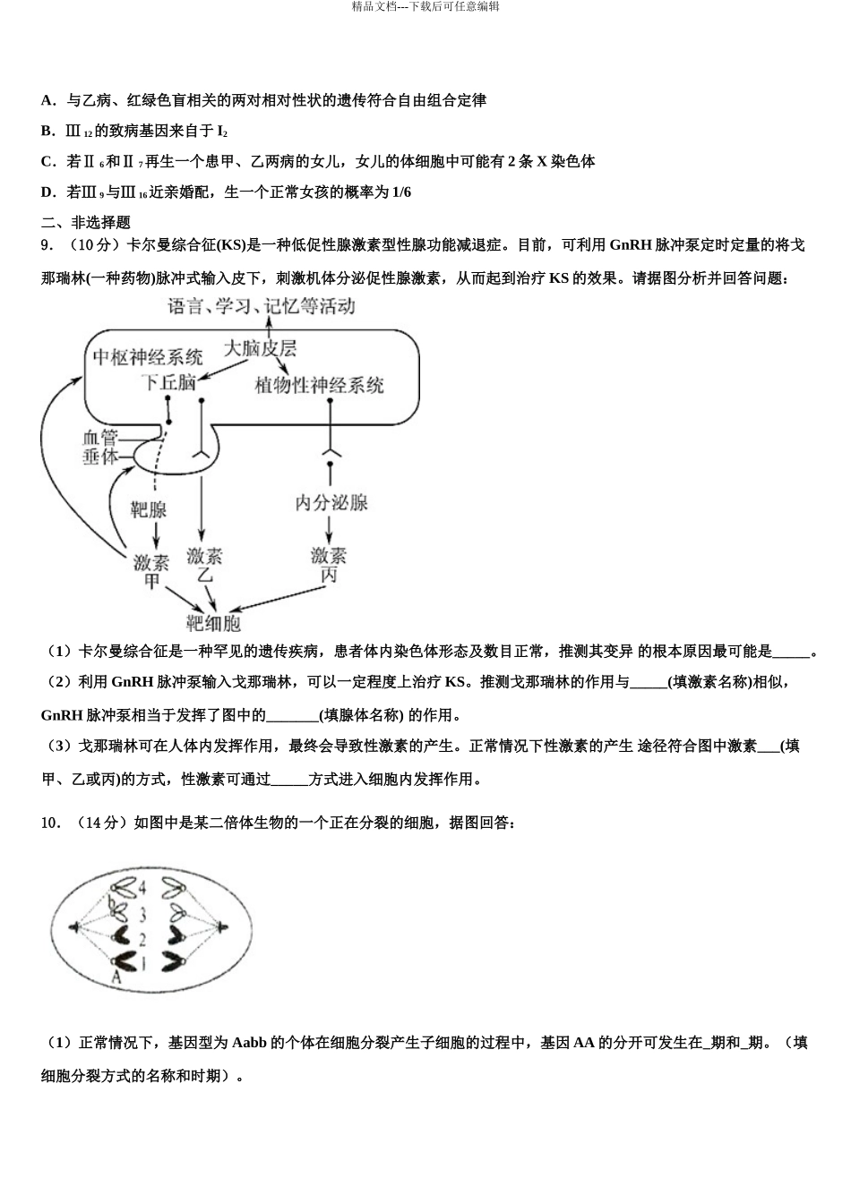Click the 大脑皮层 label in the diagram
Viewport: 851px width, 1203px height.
coord(261,348)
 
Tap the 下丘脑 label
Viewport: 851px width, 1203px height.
coord(168,382)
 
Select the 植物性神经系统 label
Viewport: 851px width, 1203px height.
coord(319,385)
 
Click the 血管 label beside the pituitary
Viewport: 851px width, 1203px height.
coord(99,438)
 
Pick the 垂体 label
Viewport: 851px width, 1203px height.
coord(99,456)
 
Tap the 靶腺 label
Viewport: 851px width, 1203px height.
coord(150,509)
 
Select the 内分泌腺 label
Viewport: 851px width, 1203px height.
coord(331,502)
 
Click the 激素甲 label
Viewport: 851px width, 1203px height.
coord(151,570)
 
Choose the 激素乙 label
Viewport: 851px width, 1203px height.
coord(204,565)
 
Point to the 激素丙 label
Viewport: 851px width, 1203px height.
coord(329,565)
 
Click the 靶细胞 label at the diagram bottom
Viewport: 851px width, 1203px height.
coord(213,623)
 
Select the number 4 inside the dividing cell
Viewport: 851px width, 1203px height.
coord(141,888)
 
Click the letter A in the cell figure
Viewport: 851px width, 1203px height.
coord(116,978)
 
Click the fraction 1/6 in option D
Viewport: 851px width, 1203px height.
coord(402,192)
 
